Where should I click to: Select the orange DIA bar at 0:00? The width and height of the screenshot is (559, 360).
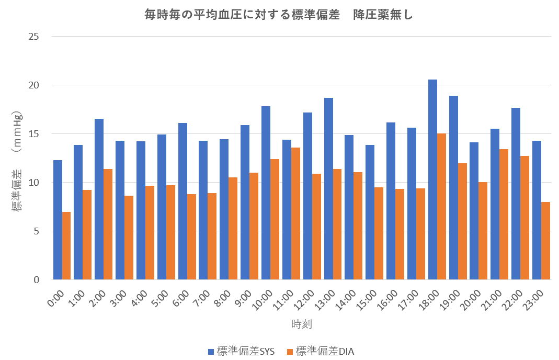click(66, 246)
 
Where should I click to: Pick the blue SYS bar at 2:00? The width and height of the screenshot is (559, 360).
click(99, 199)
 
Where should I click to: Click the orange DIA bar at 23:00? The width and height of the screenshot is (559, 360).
click(546, 241)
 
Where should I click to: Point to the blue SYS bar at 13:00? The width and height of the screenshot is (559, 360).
click(328, 189)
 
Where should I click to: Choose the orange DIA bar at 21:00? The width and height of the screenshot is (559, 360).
click(504, 215)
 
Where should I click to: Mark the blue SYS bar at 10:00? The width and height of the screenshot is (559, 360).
click(266, 193)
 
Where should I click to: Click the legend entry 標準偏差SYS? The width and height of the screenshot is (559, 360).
click(241, 352)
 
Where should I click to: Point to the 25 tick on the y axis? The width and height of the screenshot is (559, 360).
click(35, 37)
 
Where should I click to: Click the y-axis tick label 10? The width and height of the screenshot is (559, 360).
click(35, 183)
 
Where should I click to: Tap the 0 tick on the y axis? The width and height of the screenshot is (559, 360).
click(37, 280)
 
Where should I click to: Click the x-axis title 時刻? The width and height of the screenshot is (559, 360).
click(302, 324)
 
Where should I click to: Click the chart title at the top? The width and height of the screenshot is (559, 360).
click(279, 15)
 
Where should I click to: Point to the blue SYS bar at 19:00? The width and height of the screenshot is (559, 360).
click(453, 188)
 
